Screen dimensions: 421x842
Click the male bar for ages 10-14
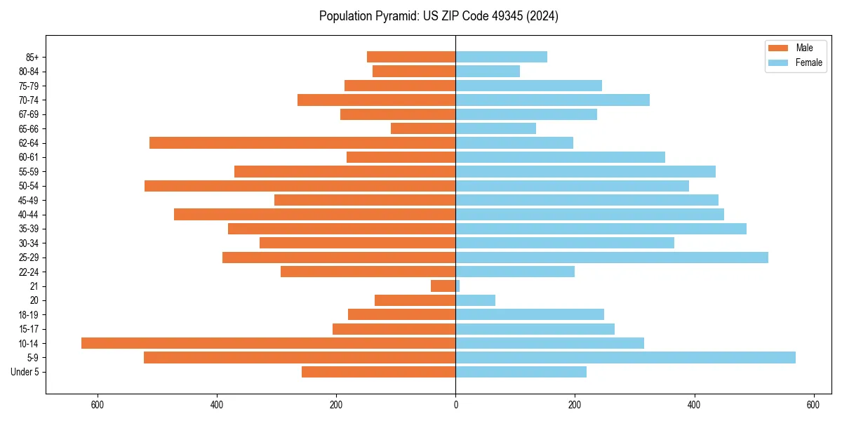(x=268, y=343)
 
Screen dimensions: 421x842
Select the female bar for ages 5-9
(x=625, y=357)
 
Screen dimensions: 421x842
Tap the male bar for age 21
(x=443, y=286)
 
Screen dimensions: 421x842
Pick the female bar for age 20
(x=475, y=300)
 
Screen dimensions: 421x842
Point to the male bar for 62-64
(x=302, y=142)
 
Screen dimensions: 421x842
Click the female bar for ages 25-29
(x=612, y=258)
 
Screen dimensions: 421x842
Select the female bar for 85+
(x=501, y=57)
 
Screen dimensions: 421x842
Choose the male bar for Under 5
(x=378, y=372)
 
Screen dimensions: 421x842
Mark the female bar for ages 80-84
(x=488, y=71)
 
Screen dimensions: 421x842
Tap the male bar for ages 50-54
(x=300, y=186)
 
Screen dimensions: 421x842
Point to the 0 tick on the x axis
(x=455, y=405)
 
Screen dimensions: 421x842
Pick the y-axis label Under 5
(x=25, y=372)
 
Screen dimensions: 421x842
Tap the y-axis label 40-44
(x=28, y=215)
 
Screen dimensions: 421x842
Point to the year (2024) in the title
(x=544, y=16)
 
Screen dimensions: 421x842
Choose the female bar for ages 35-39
(x=601, y=229)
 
